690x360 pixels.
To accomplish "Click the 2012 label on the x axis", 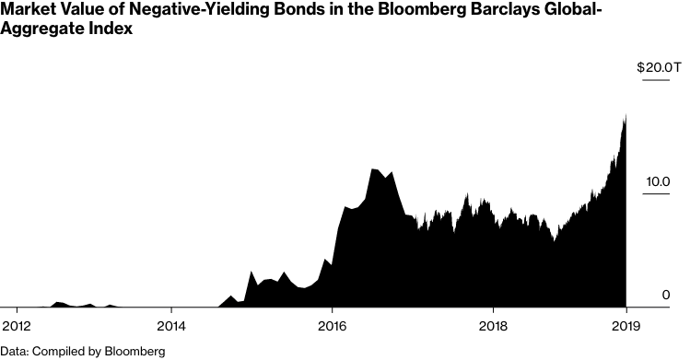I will pos(17,327).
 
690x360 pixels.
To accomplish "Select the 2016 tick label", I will pos(332,327).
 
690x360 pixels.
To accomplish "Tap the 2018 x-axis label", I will pos(494,327).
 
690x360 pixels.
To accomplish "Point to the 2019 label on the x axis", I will pos(626,327).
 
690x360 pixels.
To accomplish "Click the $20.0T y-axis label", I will pos(659,68).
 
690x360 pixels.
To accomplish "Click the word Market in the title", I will pos(26,11).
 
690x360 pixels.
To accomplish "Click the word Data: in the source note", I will pos(15,351).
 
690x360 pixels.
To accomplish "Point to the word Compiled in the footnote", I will pos(58,351).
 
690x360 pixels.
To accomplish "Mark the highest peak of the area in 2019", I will pos(624,115).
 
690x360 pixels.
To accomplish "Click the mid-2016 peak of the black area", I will pos(373,169).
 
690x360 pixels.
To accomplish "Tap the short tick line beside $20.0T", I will pos(661,81).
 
